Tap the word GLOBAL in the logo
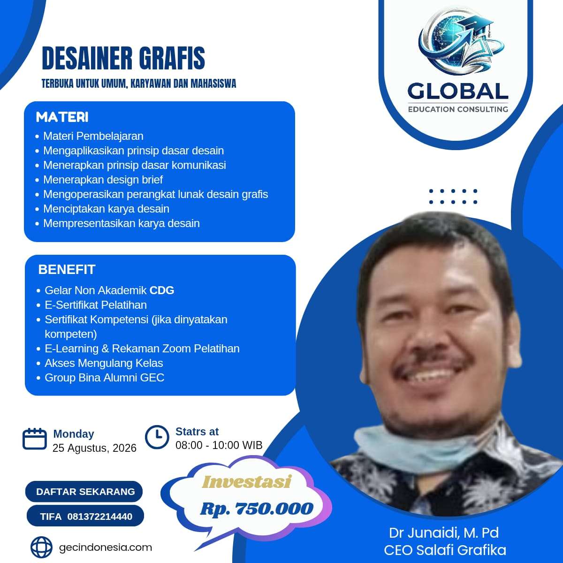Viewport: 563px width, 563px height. (457, 91)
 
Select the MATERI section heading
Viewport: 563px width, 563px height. (62, 117)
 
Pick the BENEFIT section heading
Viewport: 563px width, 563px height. (67, 269)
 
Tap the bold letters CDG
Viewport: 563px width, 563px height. (162, 290)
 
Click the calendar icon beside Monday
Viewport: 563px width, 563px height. (34, 439)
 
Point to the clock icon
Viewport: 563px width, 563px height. (157, 437)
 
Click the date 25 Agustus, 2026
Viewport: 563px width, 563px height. (94, 448)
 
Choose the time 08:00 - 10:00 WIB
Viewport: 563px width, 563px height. (219, 445)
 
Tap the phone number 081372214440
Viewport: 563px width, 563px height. (100, 517)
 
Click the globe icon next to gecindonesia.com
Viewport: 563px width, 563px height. (41, 547)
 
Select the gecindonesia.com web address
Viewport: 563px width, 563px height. (106, 548)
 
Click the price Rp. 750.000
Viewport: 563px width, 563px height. (257, 509)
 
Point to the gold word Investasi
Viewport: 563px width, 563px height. (247, 482)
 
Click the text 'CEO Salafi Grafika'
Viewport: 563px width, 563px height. (445, 550)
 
